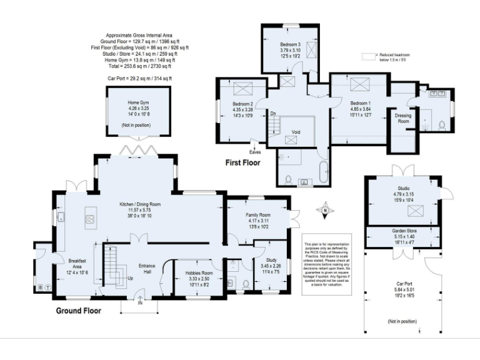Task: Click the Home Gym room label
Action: tap(138, 102)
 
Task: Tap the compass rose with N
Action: tap(324, 211)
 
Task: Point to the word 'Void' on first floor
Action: tap(296, 132)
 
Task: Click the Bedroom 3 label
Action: tap(290, 45)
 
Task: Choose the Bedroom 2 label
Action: tap(242, 104)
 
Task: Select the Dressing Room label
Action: tap(404, 118)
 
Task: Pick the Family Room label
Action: tap(257, 215)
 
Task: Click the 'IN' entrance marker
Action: tap(141, 303)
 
